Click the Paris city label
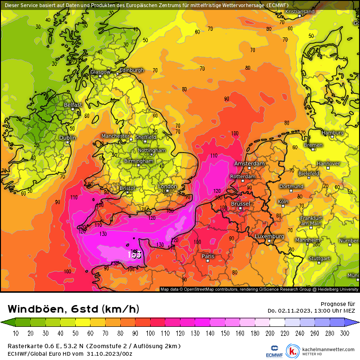208,256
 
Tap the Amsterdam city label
249,163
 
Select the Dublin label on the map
68,138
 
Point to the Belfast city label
73,105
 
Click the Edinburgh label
131,70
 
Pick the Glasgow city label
100,72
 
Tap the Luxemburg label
269,236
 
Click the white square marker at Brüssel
241,207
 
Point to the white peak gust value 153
135,254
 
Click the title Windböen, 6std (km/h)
73,309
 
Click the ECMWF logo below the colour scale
271,351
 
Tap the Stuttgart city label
319,259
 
